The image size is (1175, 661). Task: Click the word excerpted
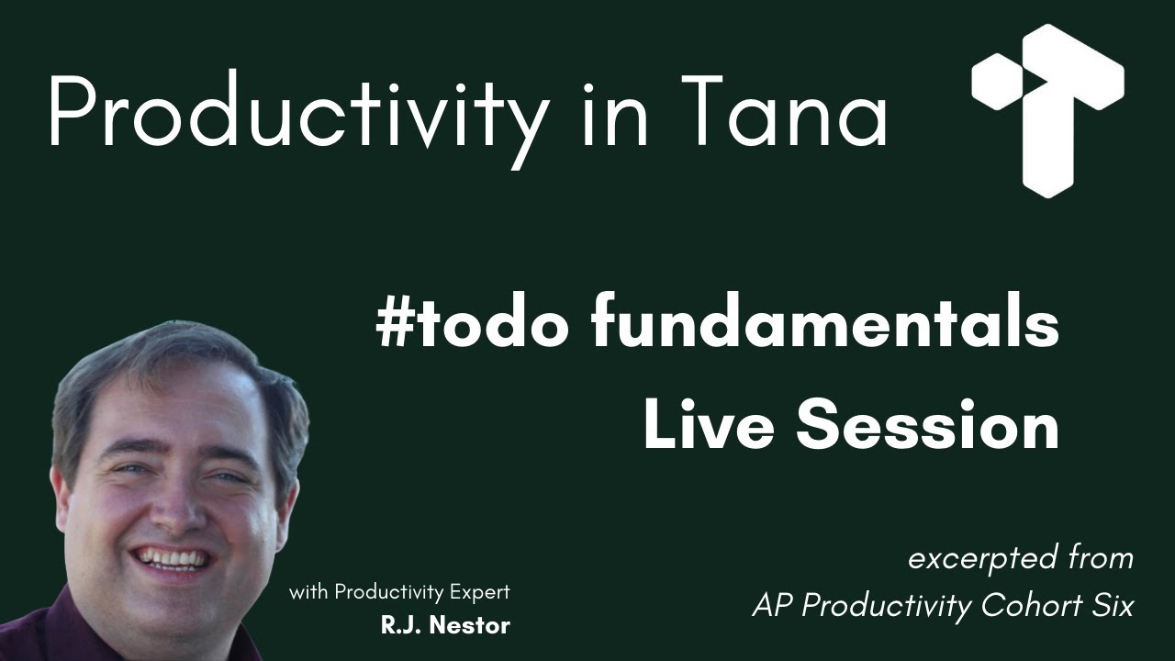(979, 558)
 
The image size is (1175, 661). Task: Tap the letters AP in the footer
(769, 606)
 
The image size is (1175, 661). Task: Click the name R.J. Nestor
(445, 626)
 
